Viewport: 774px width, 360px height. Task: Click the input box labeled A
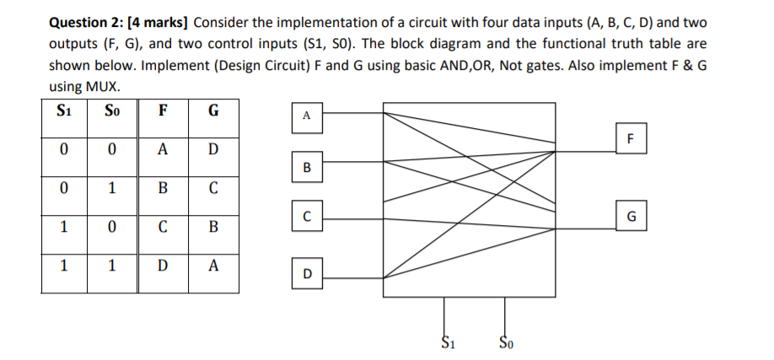307,116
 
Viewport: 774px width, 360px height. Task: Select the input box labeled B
307,166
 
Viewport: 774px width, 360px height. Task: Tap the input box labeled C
307,217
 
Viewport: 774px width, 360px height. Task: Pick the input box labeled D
307,273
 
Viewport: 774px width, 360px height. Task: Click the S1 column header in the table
63,110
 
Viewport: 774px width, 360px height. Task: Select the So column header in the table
111,110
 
